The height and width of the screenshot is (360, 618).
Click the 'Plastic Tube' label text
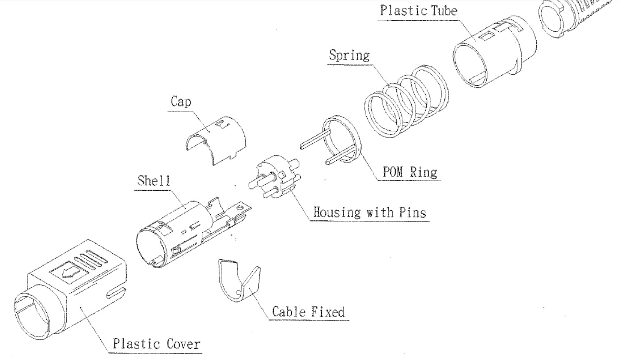pyautogui.click(x=418, y=11)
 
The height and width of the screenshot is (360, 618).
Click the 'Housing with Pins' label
pyautogui.click(x=370, y=212)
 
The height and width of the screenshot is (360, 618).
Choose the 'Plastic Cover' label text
pyautogui.click(x=156, y=343)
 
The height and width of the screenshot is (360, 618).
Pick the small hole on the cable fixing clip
pyautogui.click(x=239, y=292)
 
